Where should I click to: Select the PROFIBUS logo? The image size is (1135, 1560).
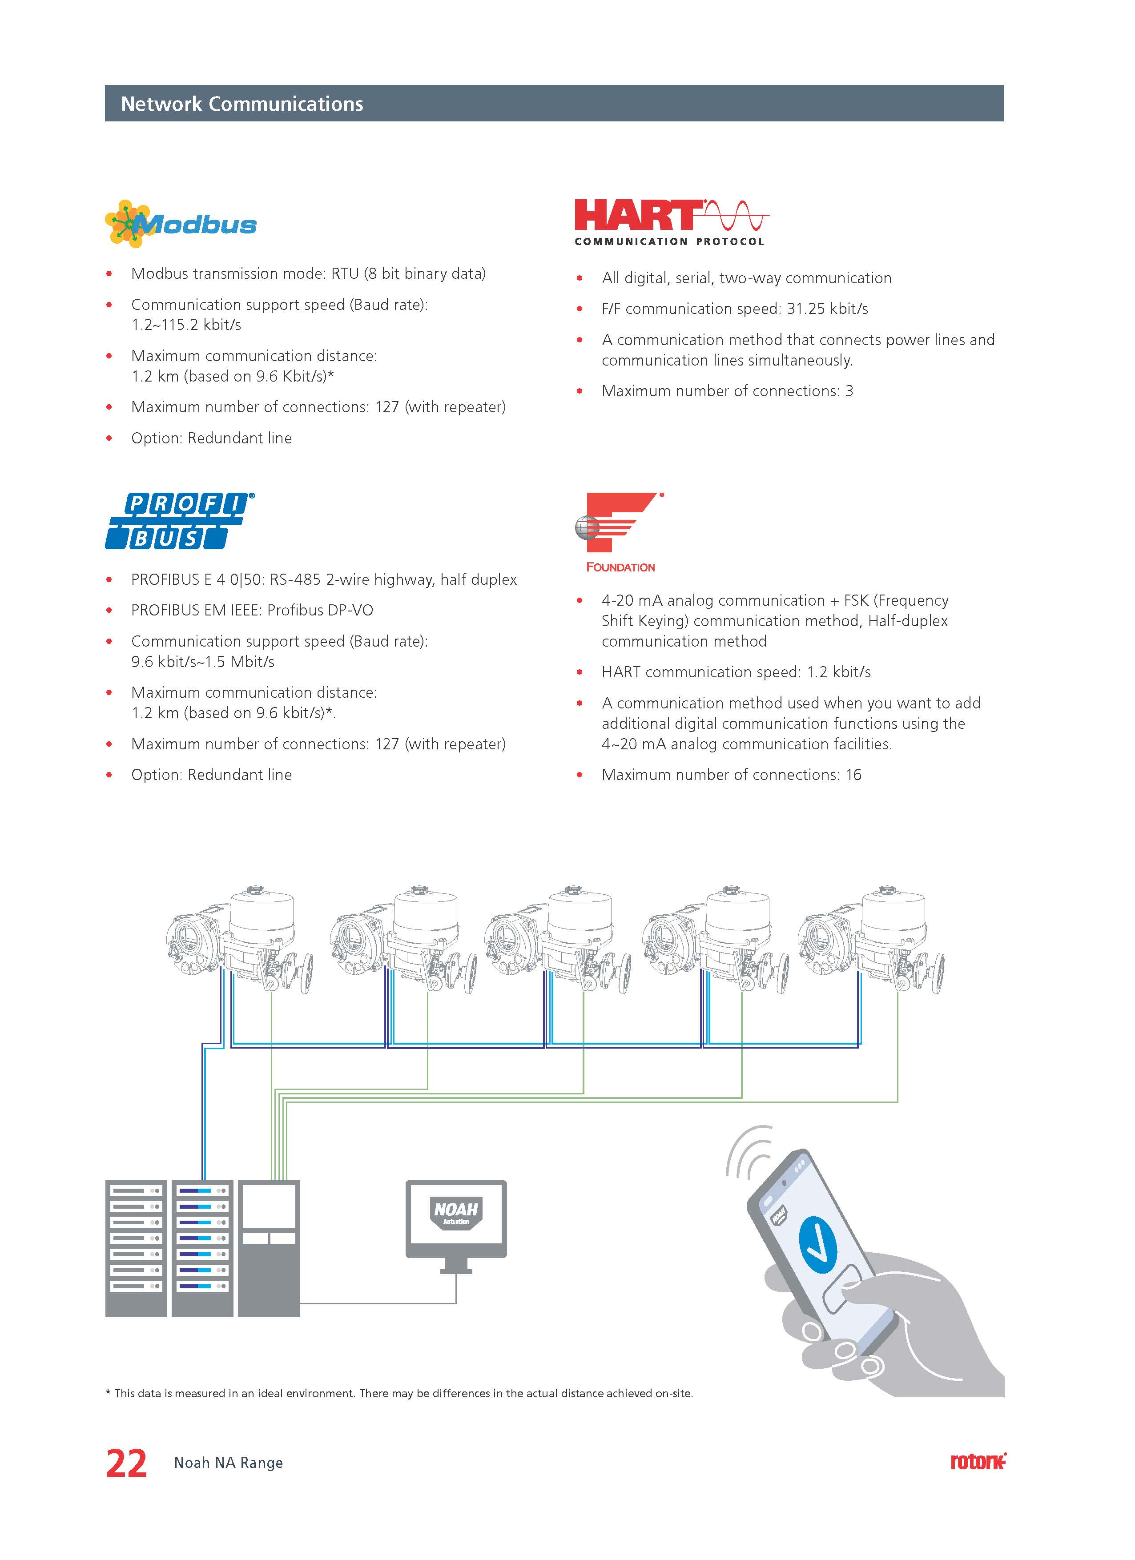(179, 521)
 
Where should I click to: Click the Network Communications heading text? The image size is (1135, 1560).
(241, 104)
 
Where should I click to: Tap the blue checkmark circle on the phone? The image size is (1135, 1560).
(817, 1244)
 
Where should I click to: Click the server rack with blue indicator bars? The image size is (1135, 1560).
(202, 1248)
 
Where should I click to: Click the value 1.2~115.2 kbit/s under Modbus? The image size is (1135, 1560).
(186, 325)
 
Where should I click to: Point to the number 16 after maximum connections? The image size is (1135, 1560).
(853, 775)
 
